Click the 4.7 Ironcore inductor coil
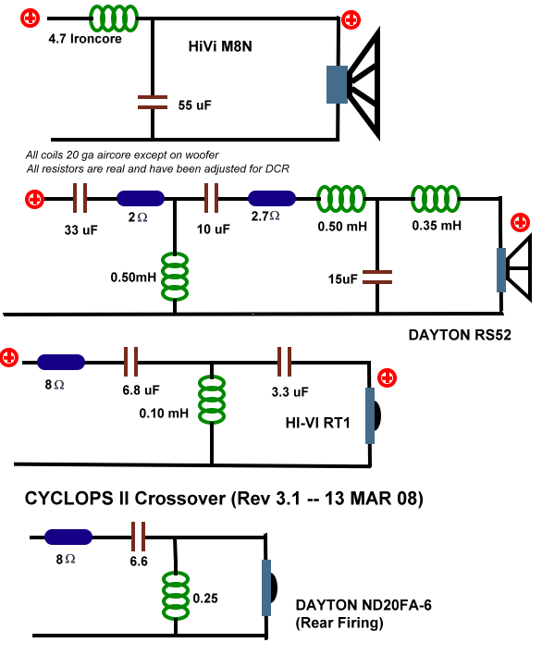[x=113, y=19]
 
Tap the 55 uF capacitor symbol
[x=153, y=103]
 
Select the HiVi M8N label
[x=220, y=46]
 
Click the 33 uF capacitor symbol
[x=80, y=198]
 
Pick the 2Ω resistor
[x=141, y=198]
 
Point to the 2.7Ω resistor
[x=272, y=198]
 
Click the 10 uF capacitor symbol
[x=211, y=198]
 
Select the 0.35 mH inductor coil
[x=436, y=199]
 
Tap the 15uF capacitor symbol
[x=377, y=277]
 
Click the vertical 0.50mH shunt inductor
[x=175, y=276]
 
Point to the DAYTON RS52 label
[x=460, y=335]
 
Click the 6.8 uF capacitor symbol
[x=130, y=362]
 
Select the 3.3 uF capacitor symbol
[x=284, y=362]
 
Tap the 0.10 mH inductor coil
[x=212, y=400]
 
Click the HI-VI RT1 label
[x=317, y=423]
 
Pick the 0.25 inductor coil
[x=176, y=596]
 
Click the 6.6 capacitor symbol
[x=138, y=537]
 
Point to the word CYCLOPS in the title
[x=68, y=499]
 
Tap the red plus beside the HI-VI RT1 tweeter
[x=388, y=377]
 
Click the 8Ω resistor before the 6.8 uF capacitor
[x=61, y=362]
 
